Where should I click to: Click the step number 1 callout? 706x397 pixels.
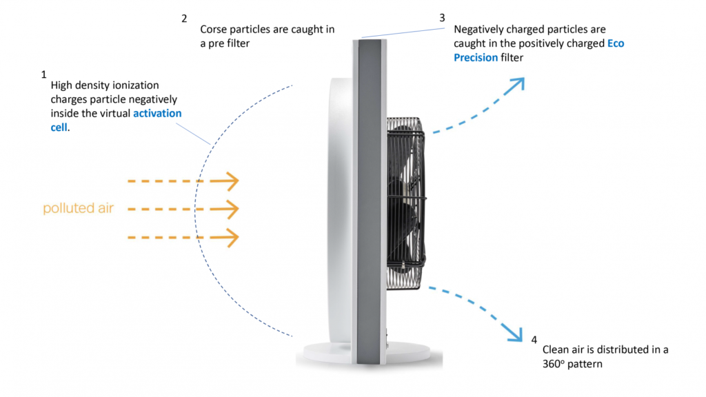[44, 73]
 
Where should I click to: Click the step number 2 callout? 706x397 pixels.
[184, 19]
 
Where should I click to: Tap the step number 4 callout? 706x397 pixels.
[534, 339]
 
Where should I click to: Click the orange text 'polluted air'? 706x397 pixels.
[78, 208]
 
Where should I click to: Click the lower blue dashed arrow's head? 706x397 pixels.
[514, 334]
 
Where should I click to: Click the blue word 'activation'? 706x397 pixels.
[157, 114]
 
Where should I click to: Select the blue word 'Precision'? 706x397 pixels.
[476, 58]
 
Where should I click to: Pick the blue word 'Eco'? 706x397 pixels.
[616, 44]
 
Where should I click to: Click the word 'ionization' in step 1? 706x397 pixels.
[134, 85]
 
